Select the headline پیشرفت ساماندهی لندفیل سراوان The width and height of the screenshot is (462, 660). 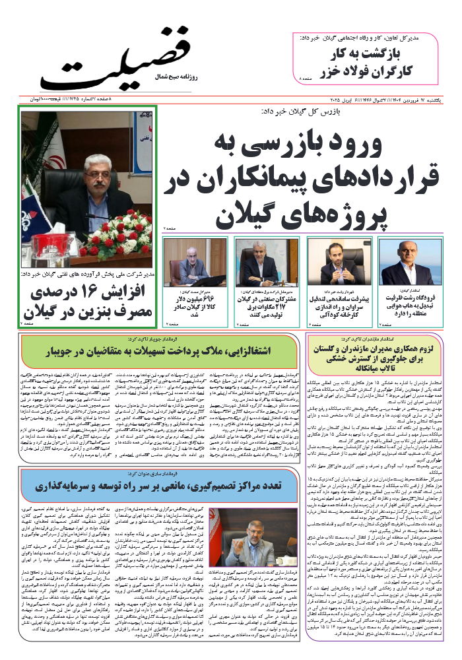pyautogui.click(x=333, y=306)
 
